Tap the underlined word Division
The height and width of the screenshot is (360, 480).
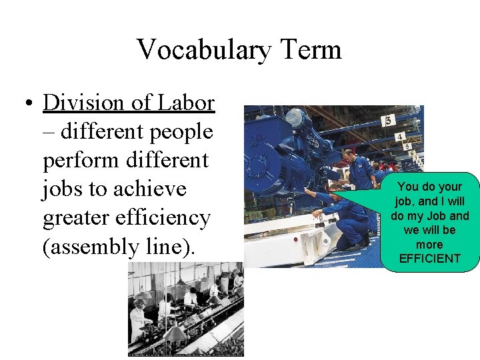click(83, 103)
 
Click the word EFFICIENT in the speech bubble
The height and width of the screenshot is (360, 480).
click(430, 258)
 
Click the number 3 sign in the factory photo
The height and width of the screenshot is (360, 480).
click(389, 120)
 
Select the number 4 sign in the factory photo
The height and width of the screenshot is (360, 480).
click(399, 137)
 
